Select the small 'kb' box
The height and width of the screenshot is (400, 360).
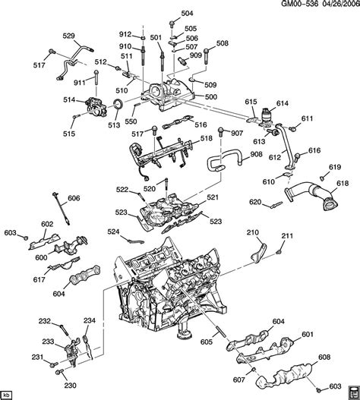coord(7,394)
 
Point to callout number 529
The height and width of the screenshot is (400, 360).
coord(68,36)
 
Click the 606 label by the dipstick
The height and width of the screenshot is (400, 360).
coord(73,198)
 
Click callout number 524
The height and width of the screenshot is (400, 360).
coord(112,231)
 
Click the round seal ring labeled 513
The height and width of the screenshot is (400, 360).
coord(119,103)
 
